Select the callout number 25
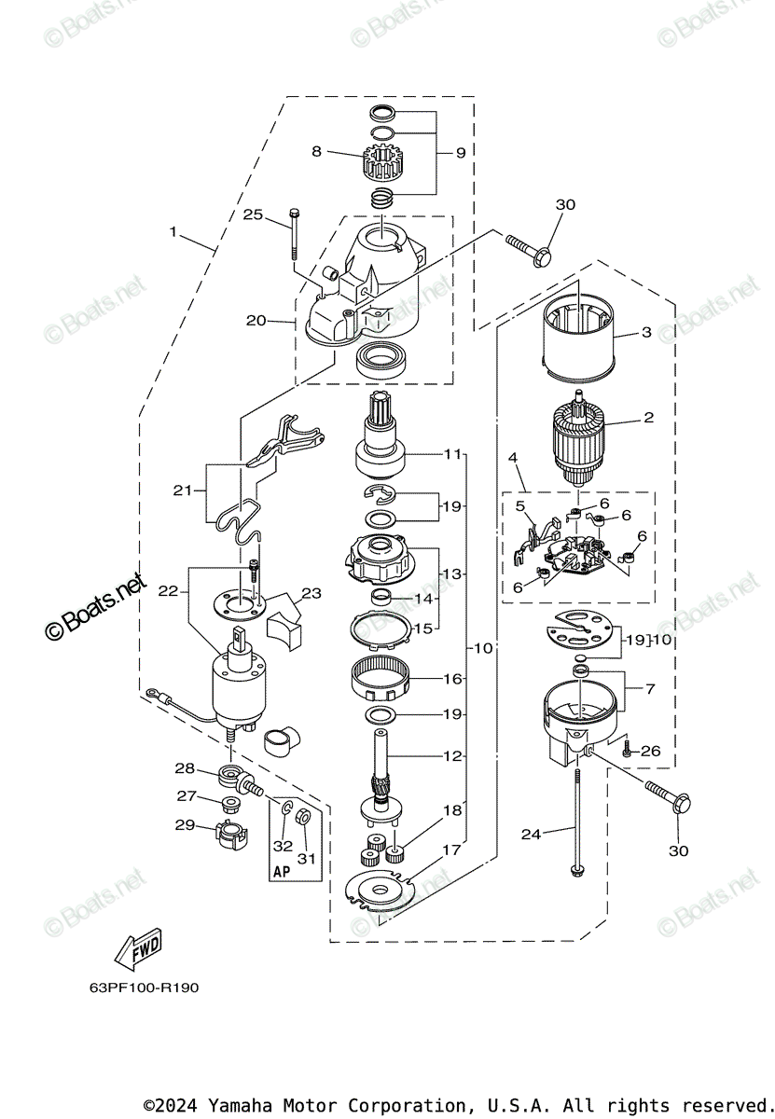(253, 214)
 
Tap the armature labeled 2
(576, 439)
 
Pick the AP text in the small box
(282, 872)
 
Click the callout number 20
(256, 321)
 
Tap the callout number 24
(531, 834)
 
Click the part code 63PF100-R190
(131, 988)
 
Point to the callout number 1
(173, 230)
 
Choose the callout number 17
(452, 850)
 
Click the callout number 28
(185, 768)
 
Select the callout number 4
(512, 458)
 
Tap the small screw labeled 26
(626, 749)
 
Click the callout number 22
(168, 590)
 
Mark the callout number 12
(452, 756)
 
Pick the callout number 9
(460, 153)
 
